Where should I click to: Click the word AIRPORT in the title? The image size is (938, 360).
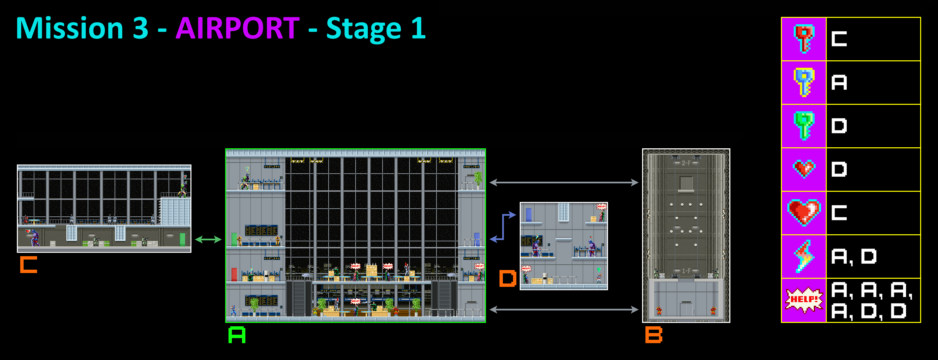[x=237, y=28]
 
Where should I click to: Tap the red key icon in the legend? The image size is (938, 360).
[x=804, y=38]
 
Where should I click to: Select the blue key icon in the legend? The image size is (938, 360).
[x=804, y=82]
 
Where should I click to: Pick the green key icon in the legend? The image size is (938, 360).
[x=804, y=126]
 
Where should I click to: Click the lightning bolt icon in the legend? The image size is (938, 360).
[x=804, y=256]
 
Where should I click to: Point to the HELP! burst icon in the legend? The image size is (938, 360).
[x=804, y=300]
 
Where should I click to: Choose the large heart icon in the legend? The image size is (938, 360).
[x=804, y=213]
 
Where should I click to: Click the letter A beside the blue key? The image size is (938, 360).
[x=839, y=82]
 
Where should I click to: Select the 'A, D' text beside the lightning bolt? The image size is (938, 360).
[x=853, y=257]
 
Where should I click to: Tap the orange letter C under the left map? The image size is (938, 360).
[x=28, y=265]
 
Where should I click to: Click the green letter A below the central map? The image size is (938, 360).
[x=237, y=335]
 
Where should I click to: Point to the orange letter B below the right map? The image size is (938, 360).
[x=654, y=335]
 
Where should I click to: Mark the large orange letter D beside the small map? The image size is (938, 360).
[x=508, y=278]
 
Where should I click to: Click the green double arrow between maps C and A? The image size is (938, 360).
[x=208, y=239]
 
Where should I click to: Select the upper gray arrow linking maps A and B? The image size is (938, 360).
[x=564, y=182]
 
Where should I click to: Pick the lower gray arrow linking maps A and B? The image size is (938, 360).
[x=564, y=309]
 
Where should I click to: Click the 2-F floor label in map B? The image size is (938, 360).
[x=686, y=163]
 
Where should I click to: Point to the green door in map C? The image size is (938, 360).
[x=182, y=239]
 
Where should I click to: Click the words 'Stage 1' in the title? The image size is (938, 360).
[x=376, y=28]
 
